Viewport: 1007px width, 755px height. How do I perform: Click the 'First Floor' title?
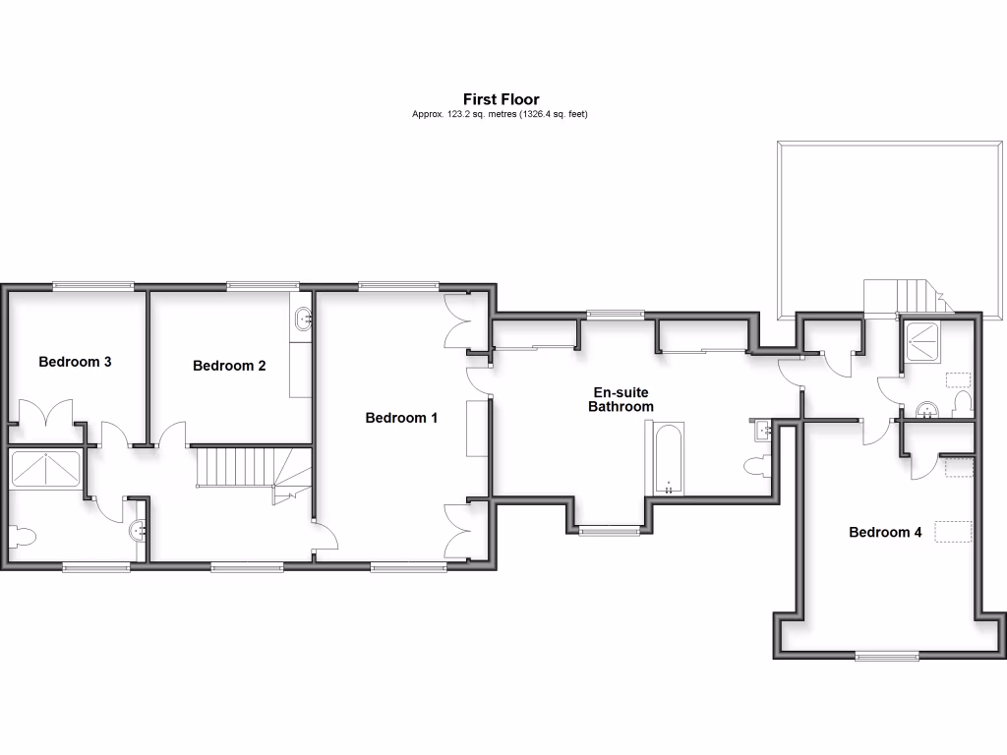point(501,99)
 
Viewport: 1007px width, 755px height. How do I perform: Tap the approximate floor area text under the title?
point(501,114)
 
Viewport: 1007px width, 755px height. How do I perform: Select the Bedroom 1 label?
point(401,418)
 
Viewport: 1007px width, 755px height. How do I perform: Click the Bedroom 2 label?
point(229,366)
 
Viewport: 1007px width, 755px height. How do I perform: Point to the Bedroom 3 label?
point(75,362)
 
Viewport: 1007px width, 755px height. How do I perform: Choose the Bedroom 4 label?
point(885,533)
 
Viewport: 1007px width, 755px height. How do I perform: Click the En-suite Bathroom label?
point(620,399)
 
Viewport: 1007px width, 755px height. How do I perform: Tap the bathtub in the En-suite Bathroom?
point(668,459)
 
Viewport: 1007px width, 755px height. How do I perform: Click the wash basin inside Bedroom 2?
point(301,318)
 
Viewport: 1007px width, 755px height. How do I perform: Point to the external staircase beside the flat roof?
point(905,295)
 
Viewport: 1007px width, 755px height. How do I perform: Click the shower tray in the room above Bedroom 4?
point(925,339)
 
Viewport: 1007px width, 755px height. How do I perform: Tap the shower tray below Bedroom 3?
point(45,469)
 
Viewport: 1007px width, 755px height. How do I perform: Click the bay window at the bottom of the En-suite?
point(607,531)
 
